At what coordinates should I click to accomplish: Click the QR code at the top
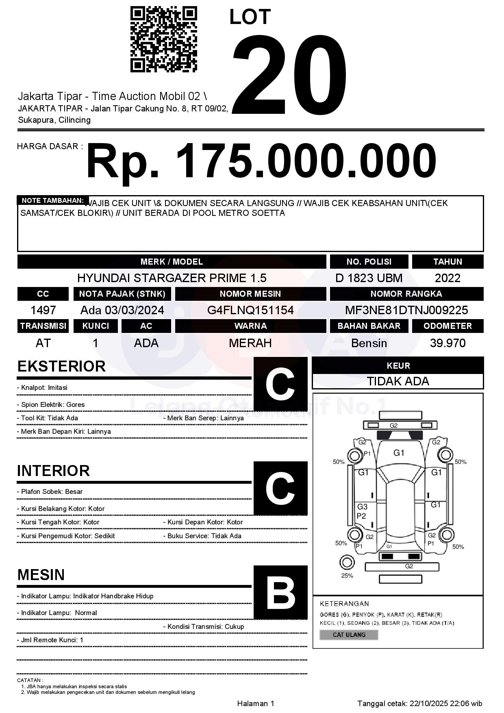point(163,39)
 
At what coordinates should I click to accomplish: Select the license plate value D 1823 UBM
point(369,278)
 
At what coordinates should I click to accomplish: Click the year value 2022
point(448,278)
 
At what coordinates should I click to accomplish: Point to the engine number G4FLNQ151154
point(250,310)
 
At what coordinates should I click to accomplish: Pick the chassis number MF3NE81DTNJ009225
point(406,310)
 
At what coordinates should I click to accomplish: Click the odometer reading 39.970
point(448,343)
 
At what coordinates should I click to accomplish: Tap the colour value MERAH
point(250,343)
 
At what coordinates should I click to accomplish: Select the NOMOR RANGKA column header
point(406,294)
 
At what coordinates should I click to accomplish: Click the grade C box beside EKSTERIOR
point(280,384)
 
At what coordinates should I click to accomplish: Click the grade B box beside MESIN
point(280,592)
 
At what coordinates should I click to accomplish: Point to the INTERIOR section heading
point(53,471)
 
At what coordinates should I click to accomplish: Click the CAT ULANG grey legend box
point(349,635)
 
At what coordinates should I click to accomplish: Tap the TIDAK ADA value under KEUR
point(398,381)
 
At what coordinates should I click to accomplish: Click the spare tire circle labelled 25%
point(347,563)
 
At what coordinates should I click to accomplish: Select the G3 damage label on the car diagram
point(362,506)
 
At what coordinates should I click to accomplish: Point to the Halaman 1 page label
point(256,703)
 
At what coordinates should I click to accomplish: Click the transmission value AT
point(43,343)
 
